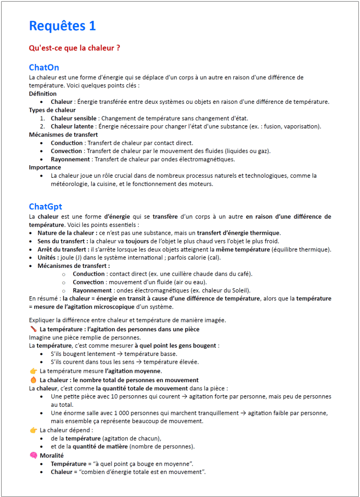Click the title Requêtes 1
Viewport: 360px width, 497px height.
click(62, 26)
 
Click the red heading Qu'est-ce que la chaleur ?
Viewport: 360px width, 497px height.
click(74, 48)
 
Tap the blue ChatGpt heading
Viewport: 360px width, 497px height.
click(45, 206)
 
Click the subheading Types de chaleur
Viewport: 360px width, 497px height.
click(52, 110)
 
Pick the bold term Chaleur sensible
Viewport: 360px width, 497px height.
click(74, 118)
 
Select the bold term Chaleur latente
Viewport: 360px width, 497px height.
click(72, 126)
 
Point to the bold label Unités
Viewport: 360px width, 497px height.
click(50, 258)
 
